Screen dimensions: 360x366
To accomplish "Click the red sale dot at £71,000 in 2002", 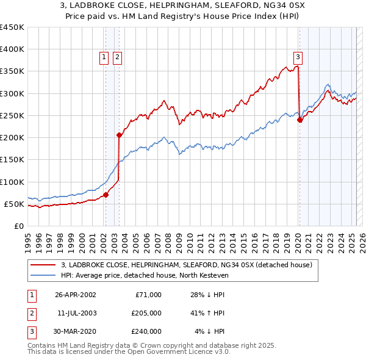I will (x=106, y=195).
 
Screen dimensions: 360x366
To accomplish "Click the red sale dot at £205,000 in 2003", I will (x=119, y=135).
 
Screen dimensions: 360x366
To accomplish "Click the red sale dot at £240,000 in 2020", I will (x=300, y=120).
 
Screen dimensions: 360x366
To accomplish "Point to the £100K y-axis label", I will (x=12, y=182).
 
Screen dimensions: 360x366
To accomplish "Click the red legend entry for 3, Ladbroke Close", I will (x=187, y=264).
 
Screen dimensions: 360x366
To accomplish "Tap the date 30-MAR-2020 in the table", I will (x=76, y=331).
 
